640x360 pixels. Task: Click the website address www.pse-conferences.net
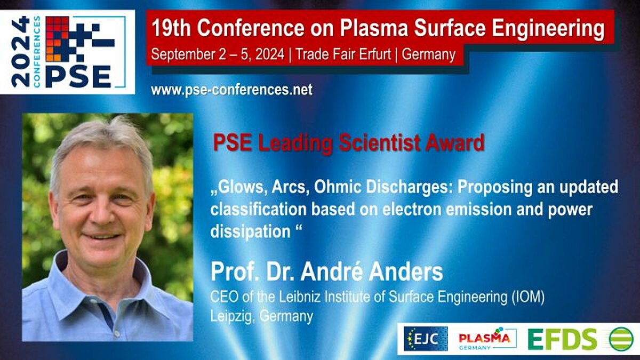point(231,90)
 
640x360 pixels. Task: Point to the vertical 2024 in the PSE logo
point(21,51)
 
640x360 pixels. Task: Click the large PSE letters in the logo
point(78,76)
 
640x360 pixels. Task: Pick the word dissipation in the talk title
point(251,231)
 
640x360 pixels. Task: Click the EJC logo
point(426,339)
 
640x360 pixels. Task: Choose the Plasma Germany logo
point(485,339)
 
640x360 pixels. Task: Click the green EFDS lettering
point(562,339)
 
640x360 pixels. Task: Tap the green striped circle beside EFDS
point(621,339)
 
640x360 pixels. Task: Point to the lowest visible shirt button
point(116,334)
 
